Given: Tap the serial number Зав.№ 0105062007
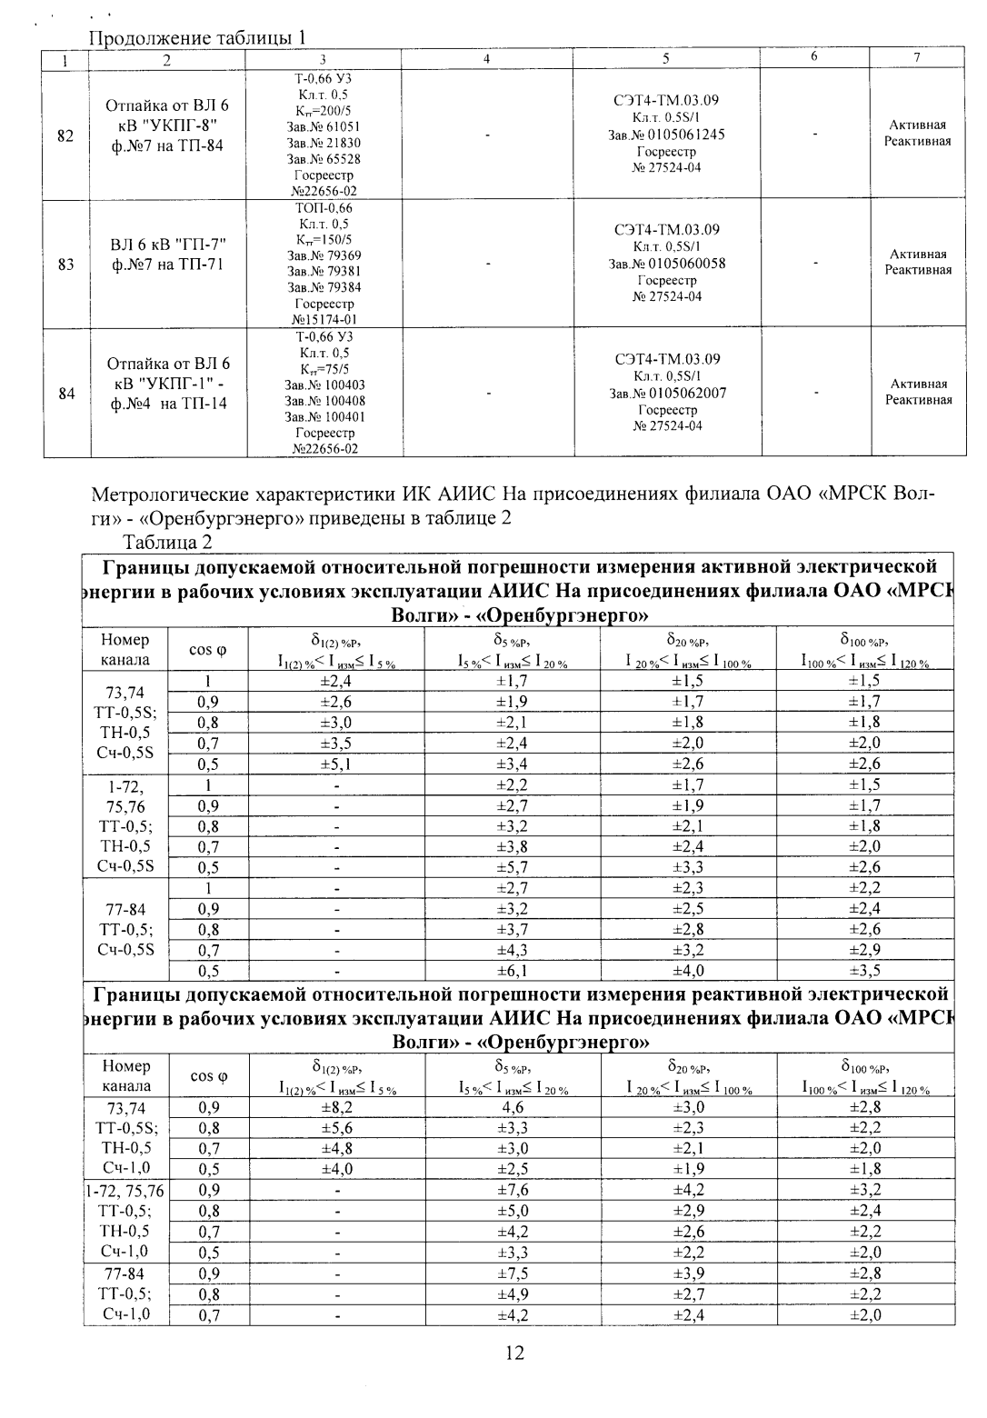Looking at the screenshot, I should [666, 394].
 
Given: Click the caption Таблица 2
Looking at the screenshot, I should [167, 542].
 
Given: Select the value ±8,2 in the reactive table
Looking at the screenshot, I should [335, 1108].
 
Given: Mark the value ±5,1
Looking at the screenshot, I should [335, 764].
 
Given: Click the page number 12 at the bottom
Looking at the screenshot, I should [514, 1353].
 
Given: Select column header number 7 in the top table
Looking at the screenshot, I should [917, 58].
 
